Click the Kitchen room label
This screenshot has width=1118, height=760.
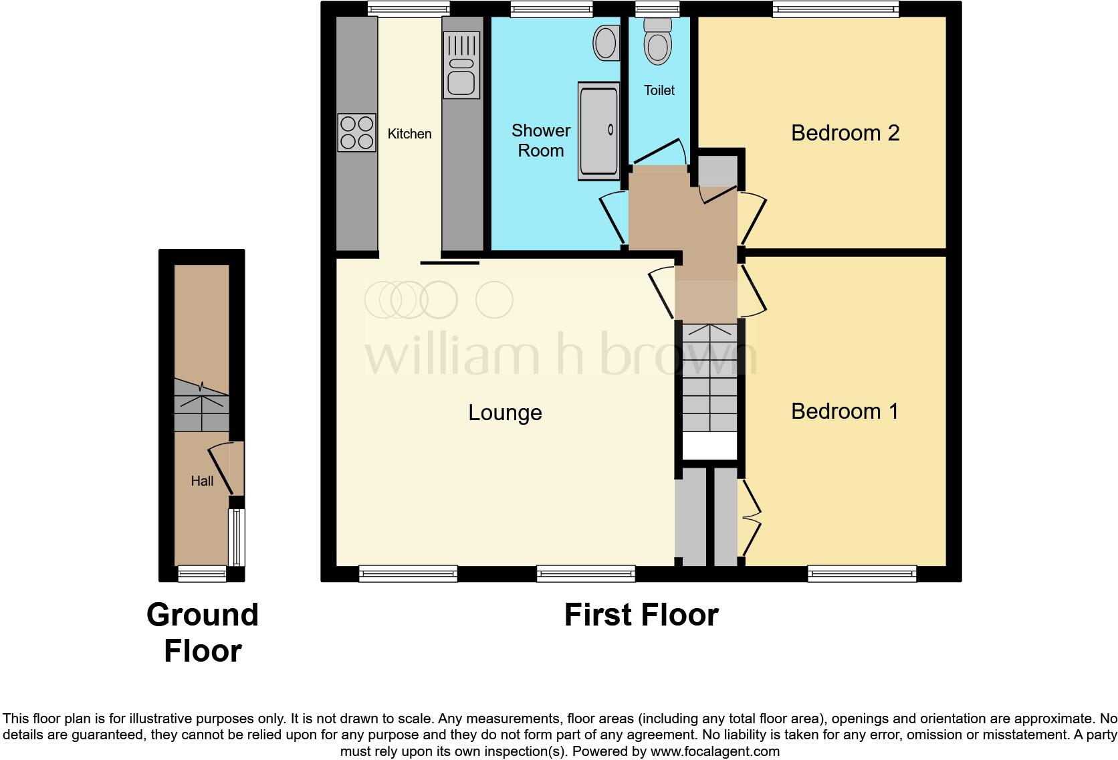(x=409, y=134)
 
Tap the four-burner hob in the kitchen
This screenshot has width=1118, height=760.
(x=356, y=132)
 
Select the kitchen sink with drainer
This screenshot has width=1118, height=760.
(x=461, y=66)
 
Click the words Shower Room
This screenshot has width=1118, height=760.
(x=540, y=140)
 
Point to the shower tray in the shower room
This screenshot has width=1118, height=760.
(x=598, y=131)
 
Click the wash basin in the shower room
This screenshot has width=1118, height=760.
(x=606, y=43)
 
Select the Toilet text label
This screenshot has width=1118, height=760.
(x=659, y=90)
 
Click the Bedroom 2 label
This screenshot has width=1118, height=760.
(x=845, y=133)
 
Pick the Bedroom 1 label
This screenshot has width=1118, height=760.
(x=845, y=411)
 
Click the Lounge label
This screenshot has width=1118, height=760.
(x=505, y=413)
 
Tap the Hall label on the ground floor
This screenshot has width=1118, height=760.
(x=202, y=481)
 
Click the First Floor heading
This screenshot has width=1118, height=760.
(x=641, y=615)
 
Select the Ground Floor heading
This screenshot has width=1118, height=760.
(x=202, y=633)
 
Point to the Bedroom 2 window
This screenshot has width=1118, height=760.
(x=836, y=9)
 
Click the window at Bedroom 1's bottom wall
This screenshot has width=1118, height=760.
(x=862, y=573)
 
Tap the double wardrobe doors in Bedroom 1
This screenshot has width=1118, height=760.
(x=752, y=518)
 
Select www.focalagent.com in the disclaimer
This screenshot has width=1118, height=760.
(x=714, y=751)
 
